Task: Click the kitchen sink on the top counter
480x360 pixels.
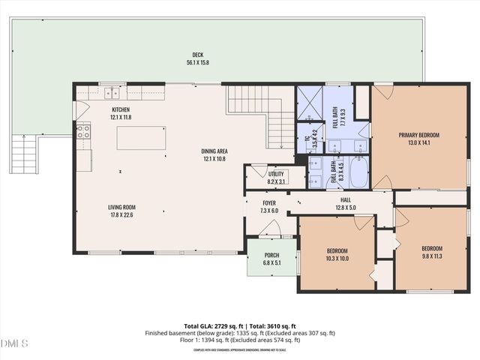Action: point(112,93)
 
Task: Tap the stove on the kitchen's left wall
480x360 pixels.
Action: point(82,132)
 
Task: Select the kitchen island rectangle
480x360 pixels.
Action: point(141,138)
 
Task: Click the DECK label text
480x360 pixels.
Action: point(198,55)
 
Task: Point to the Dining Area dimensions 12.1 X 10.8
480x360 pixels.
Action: point(215,158)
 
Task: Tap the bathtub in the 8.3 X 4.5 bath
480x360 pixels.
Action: point(358,172)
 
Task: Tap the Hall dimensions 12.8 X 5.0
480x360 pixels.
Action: point(346,207)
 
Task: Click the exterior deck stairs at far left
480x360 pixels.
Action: point(25,154)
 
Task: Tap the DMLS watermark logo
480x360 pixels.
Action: point(14,343)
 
